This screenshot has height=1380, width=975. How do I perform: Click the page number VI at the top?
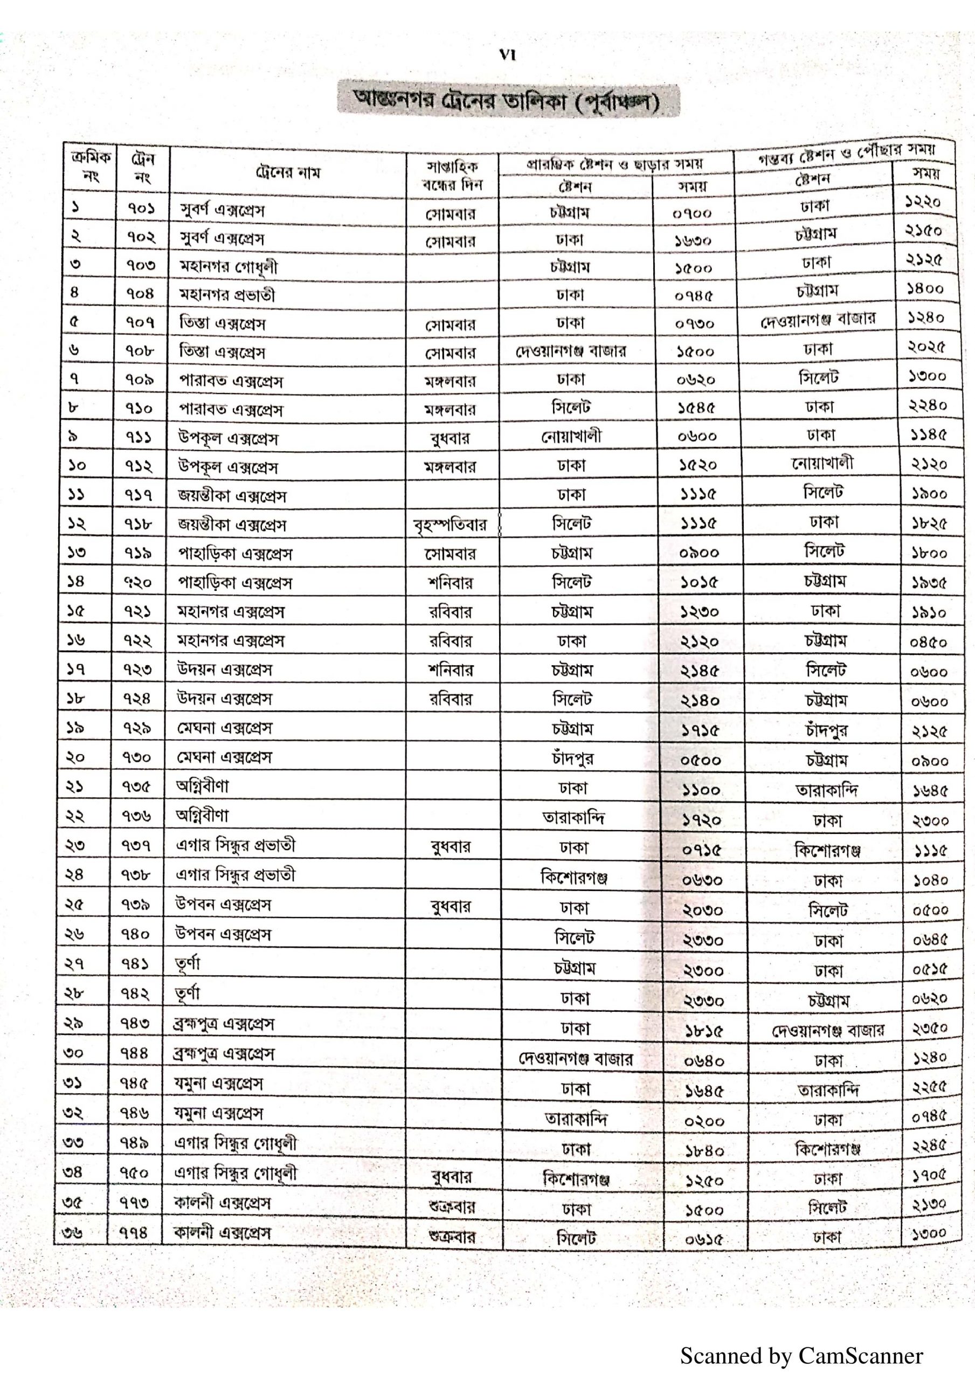tap(507, 56)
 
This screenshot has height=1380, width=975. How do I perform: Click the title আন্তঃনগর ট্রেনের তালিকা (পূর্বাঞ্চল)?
tap(508, 100)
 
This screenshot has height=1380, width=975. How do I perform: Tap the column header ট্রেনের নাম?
tap(287, 173)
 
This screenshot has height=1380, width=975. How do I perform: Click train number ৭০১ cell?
tap(141, 209)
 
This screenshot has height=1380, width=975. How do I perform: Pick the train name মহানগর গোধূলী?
tap(229, 266)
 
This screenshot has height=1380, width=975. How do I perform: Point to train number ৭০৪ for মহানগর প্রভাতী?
tap(141, 294)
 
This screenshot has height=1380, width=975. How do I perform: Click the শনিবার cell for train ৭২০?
tap(451, 582)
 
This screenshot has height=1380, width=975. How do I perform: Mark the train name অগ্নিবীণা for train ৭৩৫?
tap(202, 785)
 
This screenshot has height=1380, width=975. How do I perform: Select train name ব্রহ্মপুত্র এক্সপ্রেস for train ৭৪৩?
tap(225, 1024)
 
